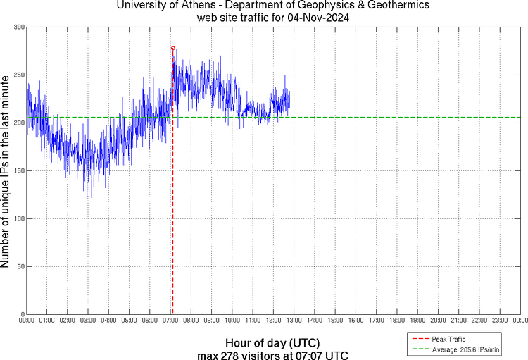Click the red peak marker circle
click(173, 48)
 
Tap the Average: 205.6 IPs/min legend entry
click(458, 349)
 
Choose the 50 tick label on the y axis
click(20, 266)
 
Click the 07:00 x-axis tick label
click(170, 321)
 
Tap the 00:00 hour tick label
click(26, 321)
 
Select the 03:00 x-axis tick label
click(87, 321)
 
